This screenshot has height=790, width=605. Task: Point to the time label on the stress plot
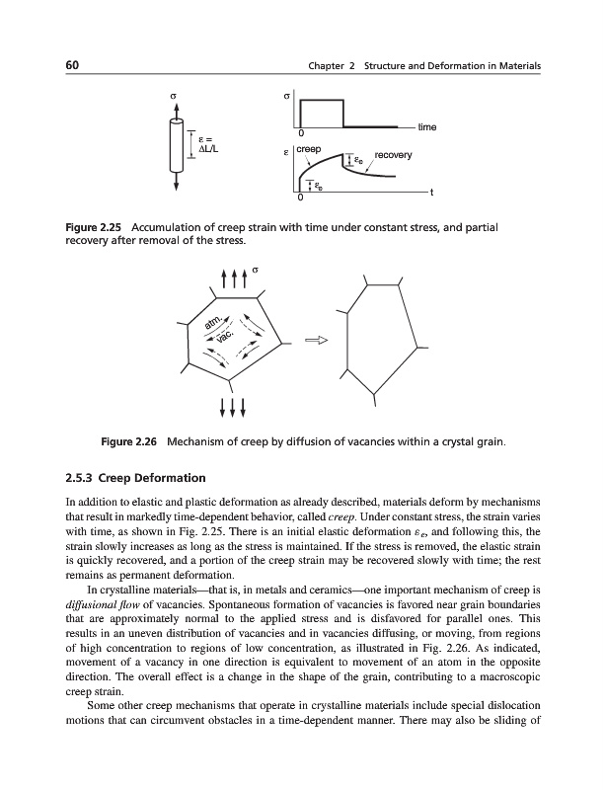point(427,127)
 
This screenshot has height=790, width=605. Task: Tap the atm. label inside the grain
point(212,322)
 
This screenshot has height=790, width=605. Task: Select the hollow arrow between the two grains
point(315,341)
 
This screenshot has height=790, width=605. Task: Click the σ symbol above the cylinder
point(178,98)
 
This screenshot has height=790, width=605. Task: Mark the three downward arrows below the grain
point(231,406)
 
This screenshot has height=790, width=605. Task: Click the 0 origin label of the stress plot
point(301,134)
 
